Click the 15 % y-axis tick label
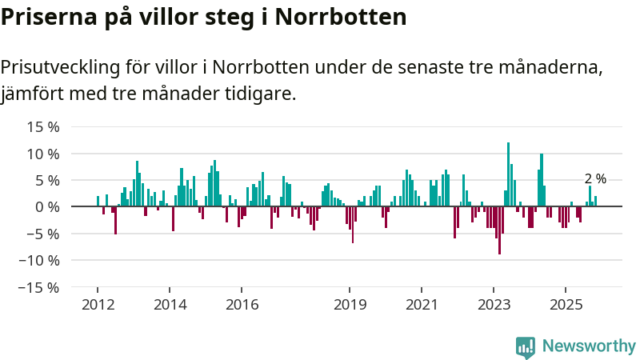pos(43,126)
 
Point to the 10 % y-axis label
pos(43,154)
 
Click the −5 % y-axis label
pos(42,234)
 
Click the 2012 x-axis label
pos(98,304)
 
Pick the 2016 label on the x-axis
pos(242,304)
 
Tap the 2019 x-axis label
pos(350,304)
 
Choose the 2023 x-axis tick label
pos(494,304)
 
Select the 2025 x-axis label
pos(566,304)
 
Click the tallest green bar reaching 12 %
pos(508,174)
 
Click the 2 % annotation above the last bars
pos(595,179)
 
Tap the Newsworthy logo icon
pos(526,346)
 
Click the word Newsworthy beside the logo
pos(589,346)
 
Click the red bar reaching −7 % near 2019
pos(353,225)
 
